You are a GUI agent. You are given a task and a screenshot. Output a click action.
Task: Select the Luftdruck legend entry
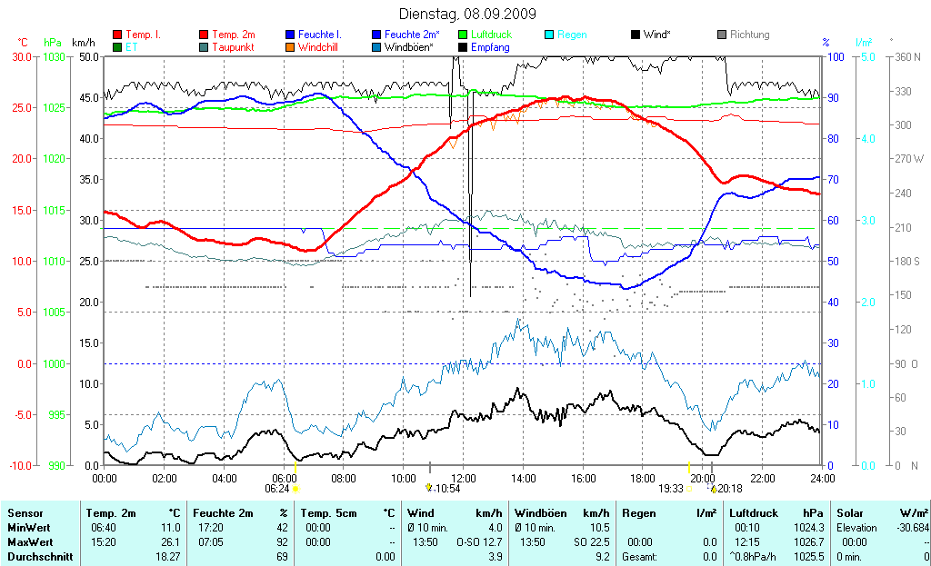pyautogui.click(x=491, y=35)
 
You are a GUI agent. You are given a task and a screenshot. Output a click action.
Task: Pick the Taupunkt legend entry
pyautogui.click(x=233, y=46)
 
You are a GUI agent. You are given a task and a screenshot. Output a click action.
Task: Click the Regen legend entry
pyautogui.click(x=572, y=35)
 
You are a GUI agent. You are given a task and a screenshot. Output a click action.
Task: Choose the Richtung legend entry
pyautogui.click(x=749, y=35)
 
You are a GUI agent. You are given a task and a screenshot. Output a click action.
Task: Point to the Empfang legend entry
pyautogui.click(x=492, y=46)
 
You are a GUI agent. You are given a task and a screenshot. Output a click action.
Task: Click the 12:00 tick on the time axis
pyautogui.click(x=464, y=478)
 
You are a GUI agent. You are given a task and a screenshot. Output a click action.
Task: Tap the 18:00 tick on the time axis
pyautogui.click(x=643, y=478)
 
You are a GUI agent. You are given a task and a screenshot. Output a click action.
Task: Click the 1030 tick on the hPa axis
pyautogui.click(x=54, y=56)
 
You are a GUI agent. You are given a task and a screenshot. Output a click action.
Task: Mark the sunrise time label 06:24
pyautogui.click(x=276, y=489)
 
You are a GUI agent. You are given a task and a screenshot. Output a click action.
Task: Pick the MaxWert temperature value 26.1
pyautogui.click(x=170, y=541)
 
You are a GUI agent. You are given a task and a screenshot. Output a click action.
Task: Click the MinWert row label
pyautogui.click(x=26, y=528)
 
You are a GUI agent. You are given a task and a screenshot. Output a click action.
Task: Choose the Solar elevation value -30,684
pyautogui.click(x=910, y=528)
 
